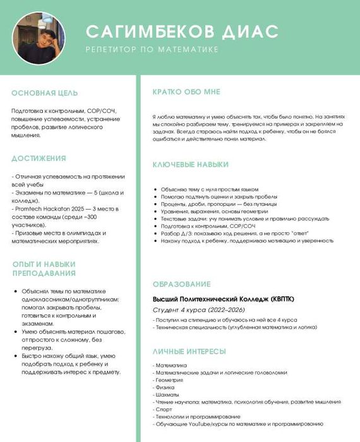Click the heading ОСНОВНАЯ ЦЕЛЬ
click(x=45, y=93)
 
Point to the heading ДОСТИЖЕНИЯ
click(x=39, y=158)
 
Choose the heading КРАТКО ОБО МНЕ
click(x=186, y=92)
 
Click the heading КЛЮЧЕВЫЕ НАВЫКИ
click(x=191, y=165)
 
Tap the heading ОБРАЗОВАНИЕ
click(x=182, y=284)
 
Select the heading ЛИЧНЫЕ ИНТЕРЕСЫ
click(x=189, y=351)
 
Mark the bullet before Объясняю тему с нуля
click(x=155, y=189)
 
